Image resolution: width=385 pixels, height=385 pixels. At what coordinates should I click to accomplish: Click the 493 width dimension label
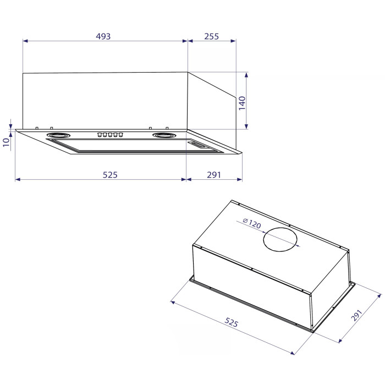pos(103,36)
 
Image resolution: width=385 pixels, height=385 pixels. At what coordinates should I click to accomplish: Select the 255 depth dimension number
pos(211,36)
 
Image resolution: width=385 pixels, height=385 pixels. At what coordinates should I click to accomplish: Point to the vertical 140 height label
pos(242,103)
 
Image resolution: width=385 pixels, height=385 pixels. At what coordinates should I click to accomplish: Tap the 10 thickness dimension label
pos(6,142)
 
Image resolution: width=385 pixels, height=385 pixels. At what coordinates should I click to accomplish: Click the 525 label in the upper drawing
pos(110,175)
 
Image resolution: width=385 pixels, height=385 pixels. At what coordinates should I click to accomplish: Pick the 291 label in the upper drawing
pos(214,175)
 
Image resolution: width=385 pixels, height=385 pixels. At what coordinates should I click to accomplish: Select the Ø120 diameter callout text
pos(252,223)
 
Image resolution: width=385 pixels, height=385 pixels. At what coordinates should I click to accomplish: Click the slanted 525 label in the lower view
pos(232,322)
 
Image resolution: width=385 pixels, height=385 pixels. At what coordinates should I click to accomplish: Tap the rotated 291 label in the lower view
pos(357,315)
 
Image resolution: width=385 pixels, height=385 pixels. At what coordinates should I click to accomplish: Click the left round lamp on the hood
pos(58,135)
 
